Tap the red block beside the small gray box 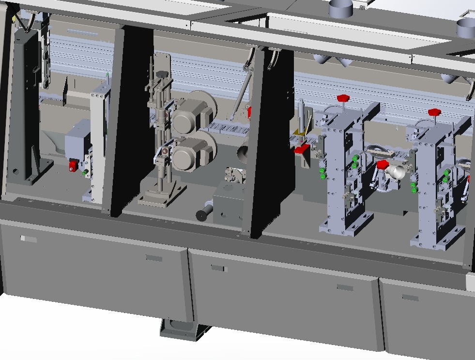(74, 165)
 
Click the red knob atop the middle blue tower (344, 99)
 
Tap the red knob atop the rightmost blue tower (434, 112)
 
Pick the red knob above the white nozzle (383, 165)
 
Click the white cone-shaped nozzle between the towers (399, 170)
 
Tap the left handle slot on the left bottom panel (29, 239)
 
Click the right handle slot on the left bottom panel (154, 258)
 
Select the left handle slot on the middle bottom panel (218, 268)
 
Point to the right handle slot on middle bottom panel (345, 287)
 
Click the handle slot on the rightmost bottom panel (410, 297)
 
